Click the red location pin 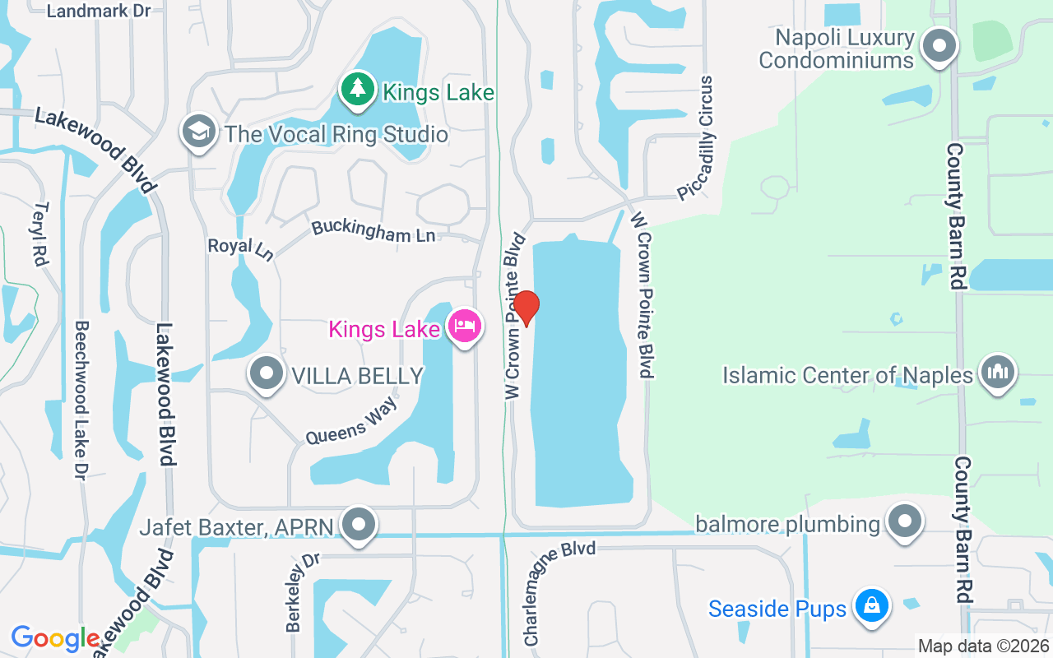coord(526,309)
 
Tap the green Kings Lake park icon coord(357,90)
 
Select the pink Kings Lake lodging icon coord(465,327)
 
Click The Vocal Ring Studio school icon coord(199,132)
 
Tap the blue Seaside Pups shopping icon coord(872,607)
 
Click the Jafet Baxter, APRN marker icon coord(359,525)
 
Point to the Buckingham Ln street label coord(373,231)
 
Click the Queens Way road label coord(351,422)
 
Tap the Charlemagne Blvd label coord(559,592)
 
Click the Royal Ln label coord(240,248)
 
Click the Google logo coord(55,638)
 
